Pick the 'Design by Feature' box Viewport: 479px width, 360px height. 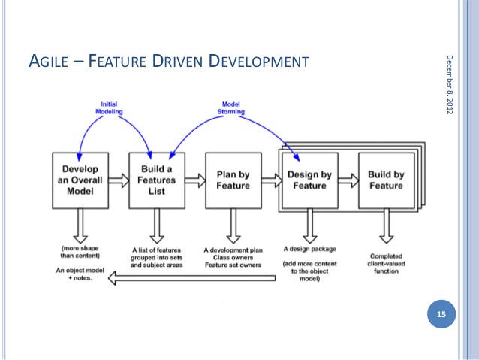(x=309, y=180)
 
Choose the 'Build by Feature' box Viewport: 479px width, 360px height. (x=385, y=180)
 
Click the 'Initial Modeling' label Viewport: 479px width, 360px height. (x=110, y=107)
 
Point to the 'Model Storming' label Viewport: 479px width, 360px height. (x=230, y=107)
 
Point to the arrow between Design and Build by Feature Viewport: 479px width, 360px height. (x=348, y=180)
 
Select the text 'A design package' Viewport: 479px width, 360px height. (x=309, y=247)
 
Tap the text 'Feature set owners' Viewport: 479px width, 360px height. (x=233, y=265)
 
